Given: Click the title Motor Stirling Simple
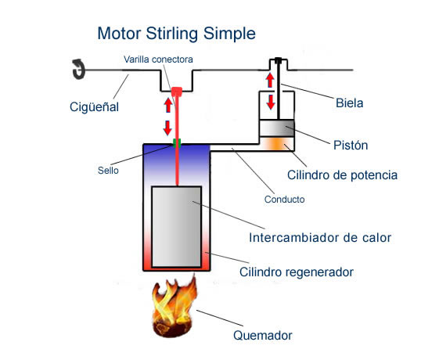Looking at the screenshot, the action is click(176, 34).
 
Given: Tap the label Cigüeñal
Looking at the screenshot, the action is click(94, 107).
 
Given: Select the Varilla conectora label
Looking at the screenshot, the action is click(158, 59).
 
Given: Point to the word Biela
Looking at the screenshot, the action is click(349, 103).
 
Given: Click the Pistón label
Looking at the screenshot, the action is click(351, 146).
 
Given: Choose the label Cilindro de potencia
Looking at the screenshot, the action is click(342, 175).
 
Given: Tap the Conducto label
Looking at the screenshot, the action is click(284, 200).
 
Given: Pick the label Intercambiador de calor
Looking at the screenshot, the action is click(320, 238).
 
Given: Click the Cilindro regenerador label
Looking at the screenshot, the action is click(296, 272).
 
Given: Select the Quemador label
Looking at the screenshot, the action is click(263, 335).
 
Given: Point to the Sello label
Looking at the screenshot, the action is click(108, 171).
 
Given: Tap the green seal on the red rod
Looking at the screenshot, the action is click(177, 143).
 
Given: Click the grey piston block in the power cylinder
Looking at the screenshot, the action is click(277, 128).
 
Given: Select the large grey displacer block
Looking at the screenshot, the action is click(177, 227).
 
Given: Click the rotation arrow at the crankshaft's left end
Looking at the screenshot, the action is click(78, 69).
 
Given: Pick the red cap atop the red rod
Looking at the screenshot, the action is click(177, 92).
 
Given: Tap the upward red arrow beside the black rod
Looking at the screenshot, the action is click(270, 81).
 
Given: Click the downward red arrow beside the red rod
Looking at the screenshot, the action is click(167, 128).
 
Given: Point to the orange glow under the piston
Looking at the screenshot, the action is click(277, 144).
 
